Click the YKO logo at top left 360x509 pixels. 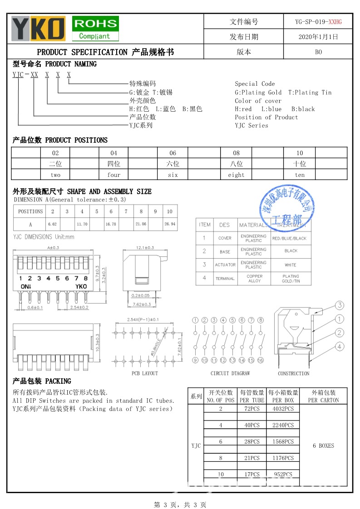(x=38, y=28)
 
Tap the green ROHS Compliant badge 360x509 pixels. (x=95, y=29)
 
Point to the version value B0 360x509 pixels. (x=318, y=52)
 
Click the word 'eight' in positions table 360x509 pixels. (x=236, y=175)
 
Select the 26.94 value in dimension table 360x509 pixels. (x=170, y=224)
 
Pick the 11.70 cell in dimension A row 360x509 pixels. (x=82, y=224)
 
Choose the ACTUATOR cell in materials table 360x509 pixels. (x=225, y=265)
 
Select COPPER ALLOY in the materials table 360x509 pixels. (x=254, y=279)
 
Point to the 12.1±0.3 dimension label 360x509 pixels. (x=145, y=248)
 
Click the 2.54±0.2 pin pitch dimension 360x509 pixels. (x=79, y=308)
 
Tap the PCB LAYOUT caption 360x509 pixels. (x=145, y=373)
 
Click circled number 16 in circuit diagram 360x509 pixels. (x=261, y=360)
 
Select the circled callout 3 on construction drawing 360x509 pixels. (x=339, y=305)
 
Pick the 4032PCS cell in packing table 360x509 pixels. (x=283, y=409)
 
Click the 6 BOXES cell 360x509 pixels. (x=323, y=445)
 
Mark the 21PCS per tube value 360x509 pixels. (x=252, y=458)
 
